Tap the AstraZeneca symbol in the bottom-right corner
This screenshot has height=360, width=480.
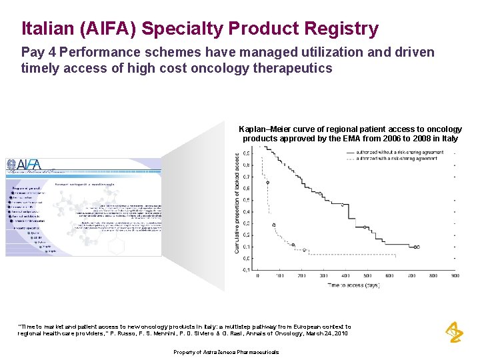pos(455,331)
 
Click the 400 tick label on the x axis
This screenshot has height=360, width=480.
pos(345,275)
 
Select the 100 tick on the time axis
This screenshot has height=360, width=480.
pos(279,275)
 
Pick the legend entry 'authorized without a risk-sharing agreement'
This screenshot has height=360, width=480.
pos(401,153)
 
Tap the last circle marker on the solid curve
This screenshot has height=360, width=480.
pos(417,247)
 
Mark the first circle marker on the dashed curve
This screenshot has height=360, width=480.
pos(267,182)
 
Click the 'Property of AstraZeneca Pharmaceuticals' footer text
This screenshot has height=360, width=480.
pos(226,352)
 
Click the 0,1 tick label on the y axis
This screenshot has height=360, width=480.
pos(247,247)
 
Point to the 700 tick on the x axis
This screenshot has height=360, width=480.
pos(410,275)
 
